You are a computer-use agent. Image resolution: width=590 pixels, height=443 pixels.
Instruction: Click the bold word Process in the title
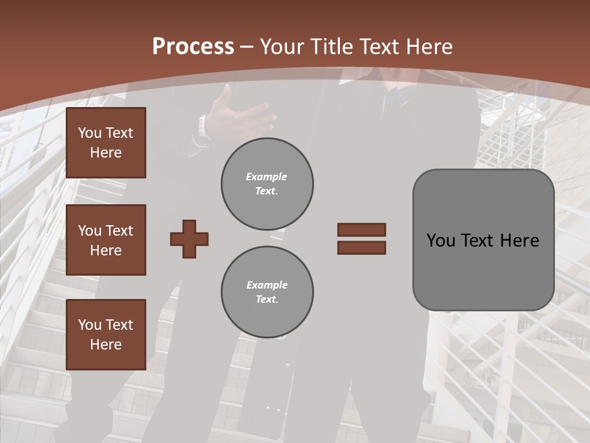coord(193,46)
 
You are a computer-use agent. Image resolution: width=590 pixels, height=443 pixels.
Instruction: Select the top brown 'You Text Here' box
coord(106,143)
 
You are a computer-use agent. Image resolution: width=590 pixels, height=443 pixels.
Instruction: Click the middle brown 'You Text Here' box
coord(106,240)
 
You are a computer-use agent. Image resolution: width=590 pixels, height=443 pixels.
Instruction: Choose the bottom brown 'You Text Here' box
coord(106,335)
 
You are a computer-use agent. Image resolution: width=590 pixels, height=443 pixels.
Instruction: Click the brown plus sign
coord(189,239)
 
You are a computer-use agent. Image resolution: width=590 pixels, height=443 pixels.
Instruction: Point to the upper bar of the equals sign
coord(361,229)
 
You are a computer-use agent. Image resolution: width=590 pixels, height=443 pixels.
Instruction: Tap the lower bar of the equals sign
coord(361,248)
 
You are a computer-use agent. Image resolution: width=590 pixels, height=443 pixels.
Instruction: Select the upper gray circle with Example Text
coord(267,183)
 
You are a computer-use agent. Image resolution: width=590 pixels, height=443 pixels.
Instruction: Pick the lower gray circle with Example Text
coord(267,292)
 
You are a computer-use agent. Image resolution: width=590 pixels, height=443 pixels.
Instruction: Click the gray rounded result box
coord(483,240)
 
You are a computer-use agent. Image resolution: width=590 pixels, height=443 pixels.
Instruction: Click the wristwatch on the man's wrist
coord(203,129)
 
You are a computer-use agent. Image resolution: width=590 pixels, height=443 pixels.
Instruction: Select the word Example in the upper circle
coord(267,177)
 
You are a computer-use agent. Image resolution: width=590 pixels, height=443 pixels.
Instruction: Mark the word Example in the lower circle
coord(267,285)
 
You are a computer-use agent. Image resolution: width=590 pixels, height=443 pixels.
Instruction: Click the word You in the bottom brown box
coord(90,325)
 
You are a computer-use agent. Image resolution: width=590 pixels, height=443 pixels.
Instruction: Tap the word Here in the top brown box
coord(106,153)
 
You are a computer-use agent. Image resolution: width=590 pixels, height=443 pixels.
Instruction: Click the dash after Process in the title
coord(247,47)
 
